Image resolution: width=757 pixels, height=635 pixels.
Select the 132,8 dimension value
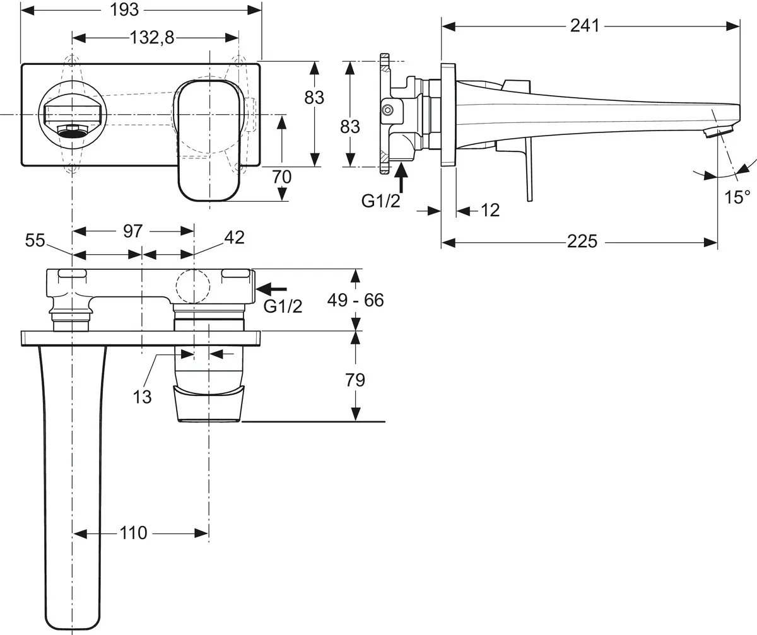(152, 37)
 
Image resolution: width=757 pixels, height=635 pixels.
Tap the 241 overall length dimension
(585, 25)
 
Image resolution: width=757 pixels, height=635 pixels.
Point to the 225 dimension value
(582, 241)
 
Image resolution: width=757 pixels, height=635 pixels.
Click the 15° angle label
(737, 197)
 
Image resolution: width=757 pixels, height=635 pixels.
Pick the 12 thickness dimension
(490, 210)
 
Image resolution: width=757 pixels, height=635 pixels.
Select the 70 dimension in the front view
(281, 177)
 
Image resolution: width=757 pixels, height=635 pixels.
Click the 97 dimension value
(132, 231)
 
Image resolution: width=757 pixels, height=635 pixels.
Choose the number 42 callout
(233, 237)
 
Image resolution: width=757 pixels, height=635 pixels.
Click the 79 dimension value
(355, 380)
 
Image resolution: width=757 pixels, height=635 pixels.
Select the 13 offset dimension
(143, 397)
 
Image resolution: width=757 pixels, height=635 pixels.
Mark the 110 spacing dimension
(132, 533)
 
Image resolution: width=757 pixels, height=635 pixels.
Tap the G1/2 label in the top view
(283, 307)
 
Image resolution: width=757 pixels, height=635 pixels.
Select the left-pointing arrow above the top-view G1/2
(271, 289)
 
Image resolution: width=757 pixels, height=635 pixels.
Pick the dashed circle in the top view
(193, 287)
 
